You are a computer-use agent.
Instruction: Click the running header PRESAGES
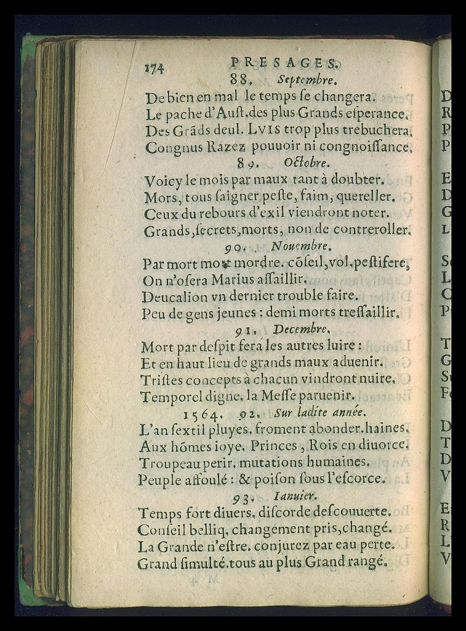(284, 62)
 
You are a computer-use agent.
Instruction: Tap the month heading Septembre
(306, 79)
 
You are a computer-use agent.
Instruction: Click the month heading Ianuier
(294, 495)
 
